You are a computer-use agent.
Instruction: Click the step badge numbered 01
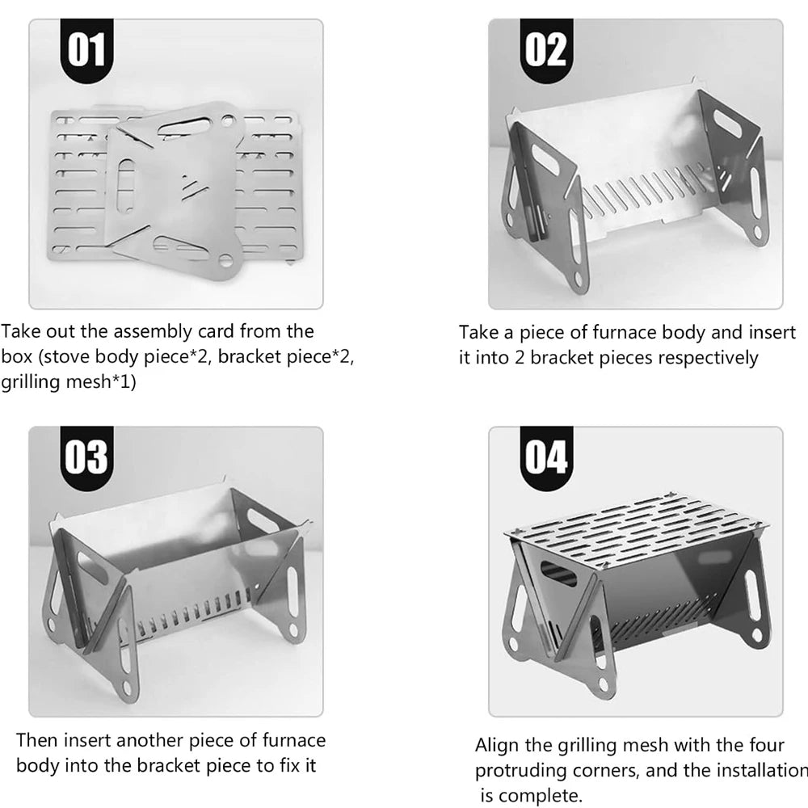point(86,50)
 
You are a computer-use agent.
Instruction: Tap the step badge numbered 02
point(546,50)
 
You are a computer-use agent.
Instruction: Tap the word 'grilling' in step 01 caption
point(32,382)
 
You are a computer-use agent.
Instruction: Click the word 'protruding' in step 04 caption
point(520,771)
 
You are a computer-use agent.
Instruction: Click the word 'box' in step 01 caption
point(16,357)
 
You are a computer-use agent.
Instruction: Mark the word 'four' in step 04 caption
point(767,746)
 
